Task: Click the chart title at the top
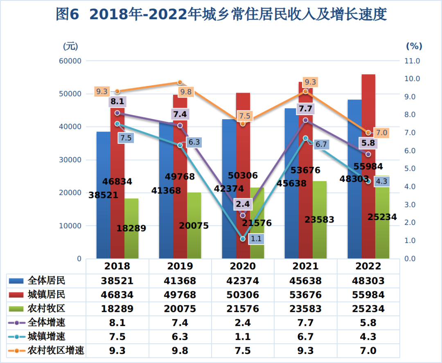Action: pyautogui.click(x=221, y=15)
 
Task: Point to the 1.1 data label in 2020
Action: pyautogui.click(x=256, y=238)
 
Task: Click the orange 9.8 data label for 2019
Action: pyautogui.click(x=186, y=92)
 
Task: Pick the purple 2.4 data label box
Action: pyautogui.click(x=243, y=204)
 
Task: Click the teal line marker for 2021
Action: pyautogui.click(x=305, y=138)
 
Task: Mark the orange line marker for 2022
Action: pyautogui.click(x=368, y=133)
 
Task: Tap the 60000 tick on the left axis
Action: pyautogui.click(x=71, y=61)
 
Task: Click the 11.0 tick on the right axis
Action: pyautogui.click(x=412, y=61)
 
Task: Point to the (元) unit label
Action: pyautogui.click(x=70, y=46)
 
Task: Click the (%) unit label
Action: pyautogui.click(x=414, y=46)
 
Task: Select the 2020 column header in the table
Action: pyautogui.click(x=243, y=266)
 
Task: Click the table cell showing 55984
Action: pyautogui.click(x=368, y=295)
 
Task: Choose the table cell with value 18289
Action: pyautogui.click(x=117, y=309)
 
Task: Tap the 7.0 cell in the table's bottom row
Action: pyautogui.click(x=368, y=351)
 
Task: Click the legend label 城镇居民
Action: pyautogui.click(x=46, y=295)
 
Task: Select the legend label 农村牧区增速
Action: pyautogui.click(x=56, y=351)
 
